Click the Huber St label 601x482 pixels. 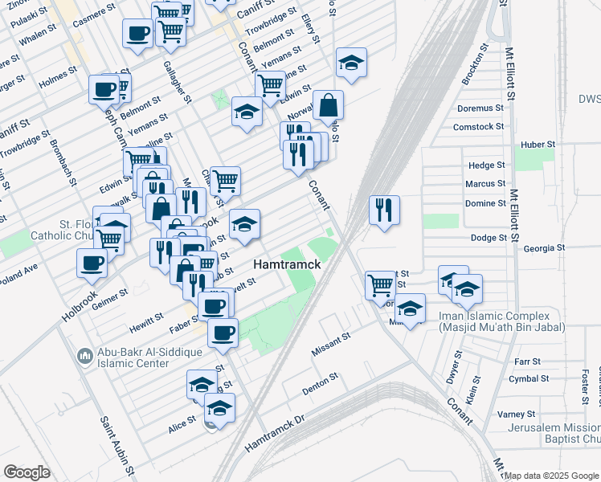pos(538,144)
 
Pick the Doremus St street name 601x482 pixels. pos(480,108)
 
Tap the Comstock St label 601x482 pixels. pos(478,126)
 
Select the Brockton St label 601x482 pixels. pos(476,64)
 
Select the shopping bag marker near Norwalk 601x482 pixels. pos(328,104)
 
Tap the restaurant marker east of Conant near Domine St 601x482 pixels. pos(385,210)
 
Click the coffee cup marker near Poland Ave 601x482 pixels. pos(92,262)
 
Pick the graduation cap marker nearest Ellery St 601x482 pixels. pos(351,63)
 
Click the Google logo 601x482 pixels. pos(27,472)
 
